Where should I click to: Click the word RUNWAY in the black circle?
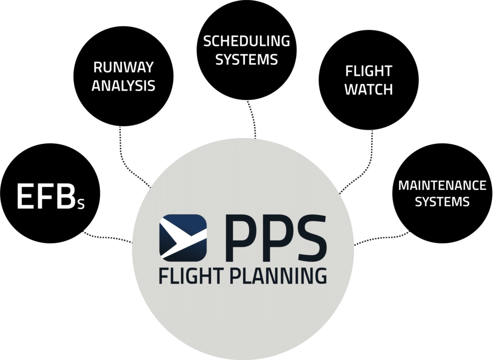point(123,68)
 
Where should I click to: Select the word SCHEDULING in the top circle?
point(246,41)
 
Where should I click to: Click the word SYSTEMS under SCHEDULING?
point(246,59)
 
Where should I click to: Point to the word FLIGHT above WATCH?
point(368,71)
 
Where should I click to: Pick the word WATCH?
point(368,89)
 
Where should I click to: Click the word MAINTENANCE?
point(442,185)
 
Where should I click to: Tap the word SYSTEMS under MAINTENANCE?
point(442,202)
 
